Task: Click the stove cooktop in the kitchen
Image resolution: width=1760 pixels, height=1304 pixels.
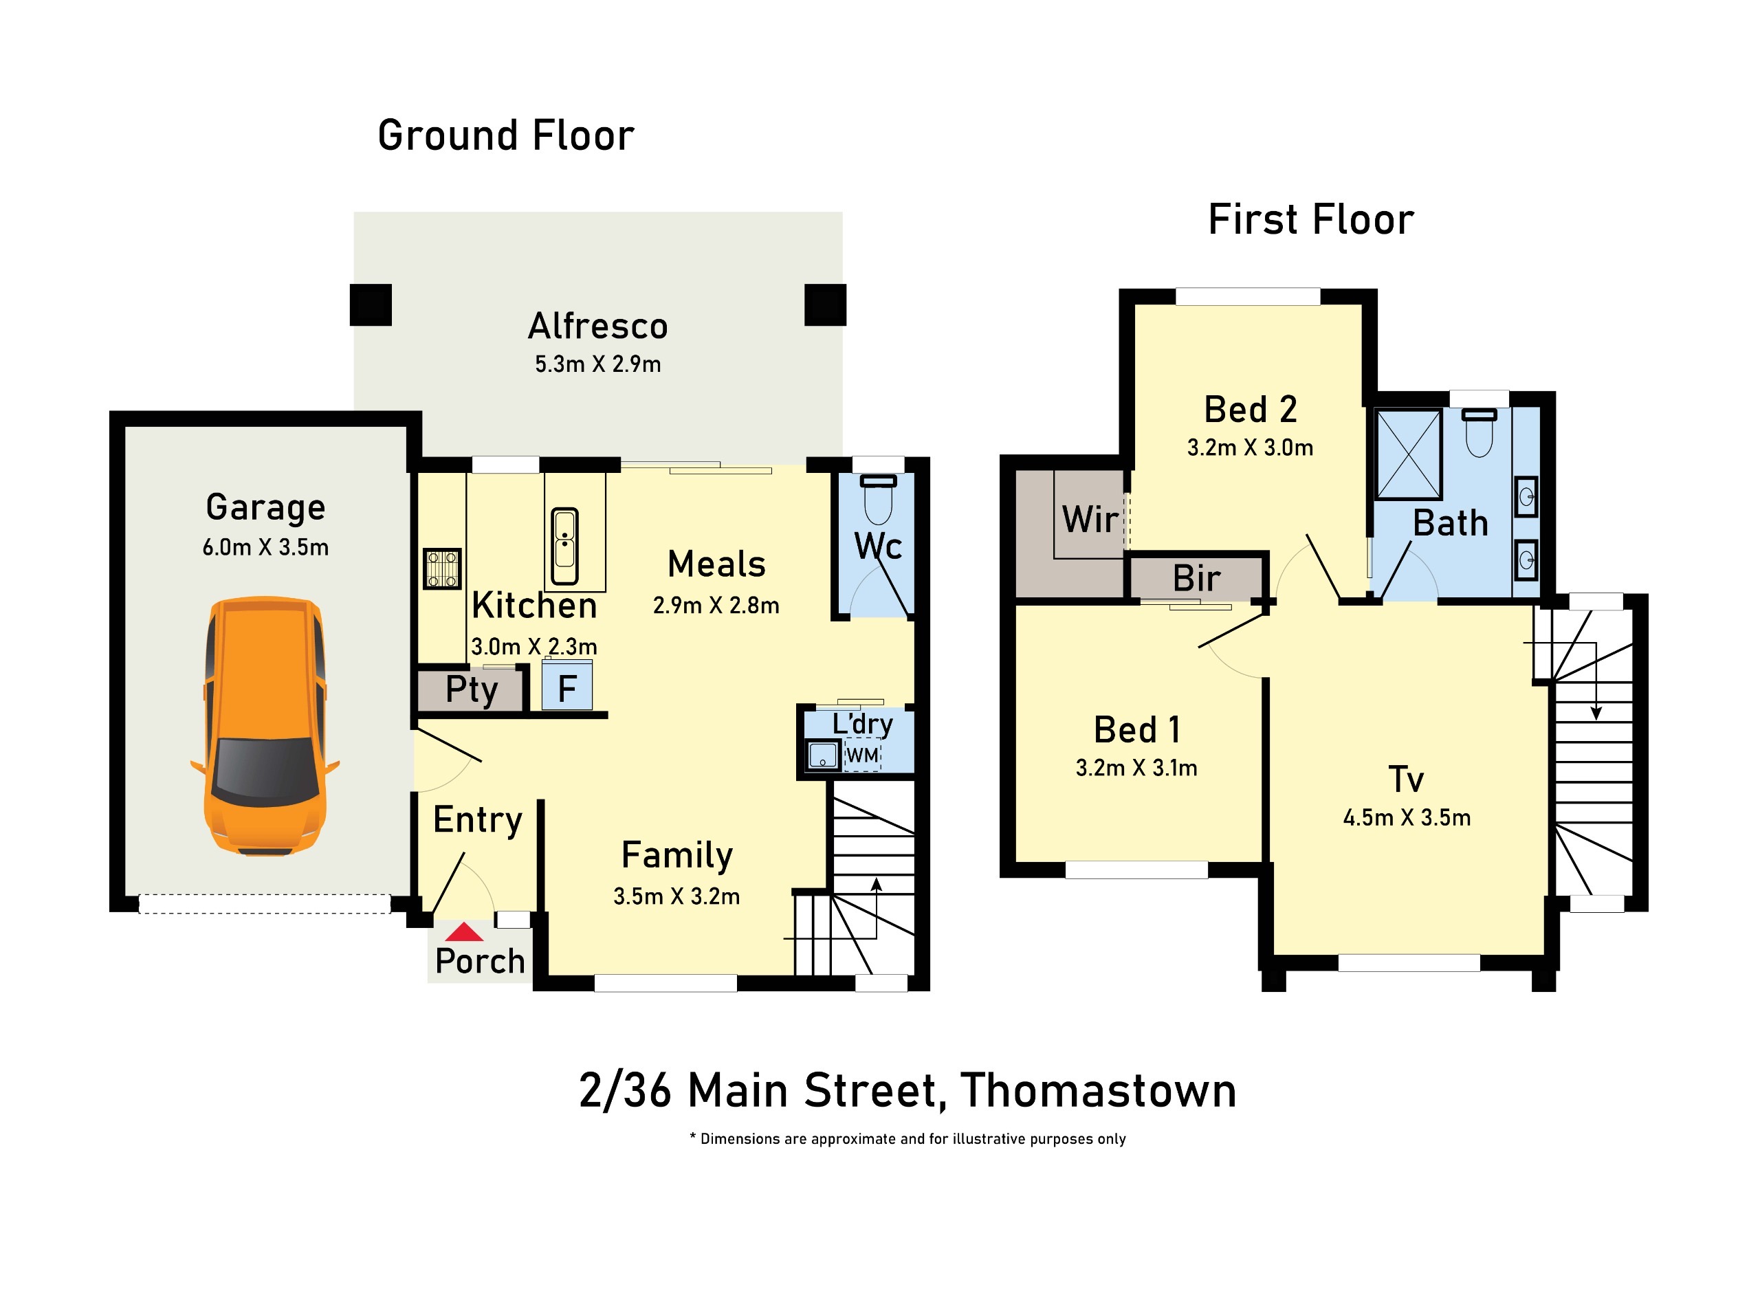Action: (442, 569)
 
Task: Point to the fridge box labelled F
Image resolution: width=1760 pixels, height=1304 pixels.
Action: (566, 687)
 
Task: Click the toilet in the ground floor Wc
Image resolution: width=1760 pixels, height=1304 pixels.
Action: (878, 500)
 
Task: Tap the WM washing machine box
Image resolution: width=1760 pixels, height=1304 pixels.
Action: (863, 755)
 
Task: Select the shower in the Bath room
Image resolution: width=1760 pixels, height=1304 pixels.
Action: (1408, 454)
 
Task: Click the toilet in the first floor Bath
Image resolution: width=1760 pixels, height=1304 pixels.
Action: (1479, 432)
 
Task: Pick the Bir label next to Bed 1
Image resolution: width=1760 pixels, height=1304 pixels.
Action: (1196, 579)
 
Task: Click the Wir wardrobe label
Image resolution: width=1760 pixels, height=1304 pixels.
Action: (1090, 520)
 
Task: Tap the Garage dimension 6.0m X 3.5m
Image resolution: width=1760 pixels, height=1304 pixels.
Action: (265, 547)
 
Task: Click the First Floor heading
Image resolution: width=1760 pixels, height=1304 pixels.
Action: (1311, 219)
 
